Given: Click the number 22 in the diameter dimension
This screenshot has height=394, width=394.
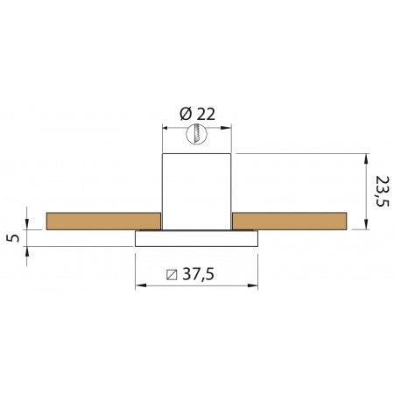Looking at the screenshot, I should tap(205, 113).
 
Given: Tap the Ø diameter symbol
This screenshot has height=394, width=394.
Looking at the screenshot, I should tap(185, 113).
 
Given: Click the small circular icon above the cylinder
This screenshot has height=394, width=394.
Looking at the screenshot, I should tap(197, 134).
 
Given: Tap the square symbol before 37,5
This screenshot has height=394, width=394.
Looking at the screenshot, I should tap(172, 274).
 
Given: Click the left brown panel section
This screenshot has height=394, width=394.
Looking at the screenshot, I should tap(103, 221).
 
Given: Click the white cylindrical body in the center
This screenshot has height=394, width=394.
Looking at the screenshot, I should tap(197, 188).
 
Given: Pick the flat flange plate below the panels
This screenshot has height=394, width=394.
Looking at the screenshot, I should tap(197, 238).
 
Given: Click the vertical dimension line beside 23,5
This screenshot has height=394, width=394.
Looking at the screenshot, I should tap(363, 192).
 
